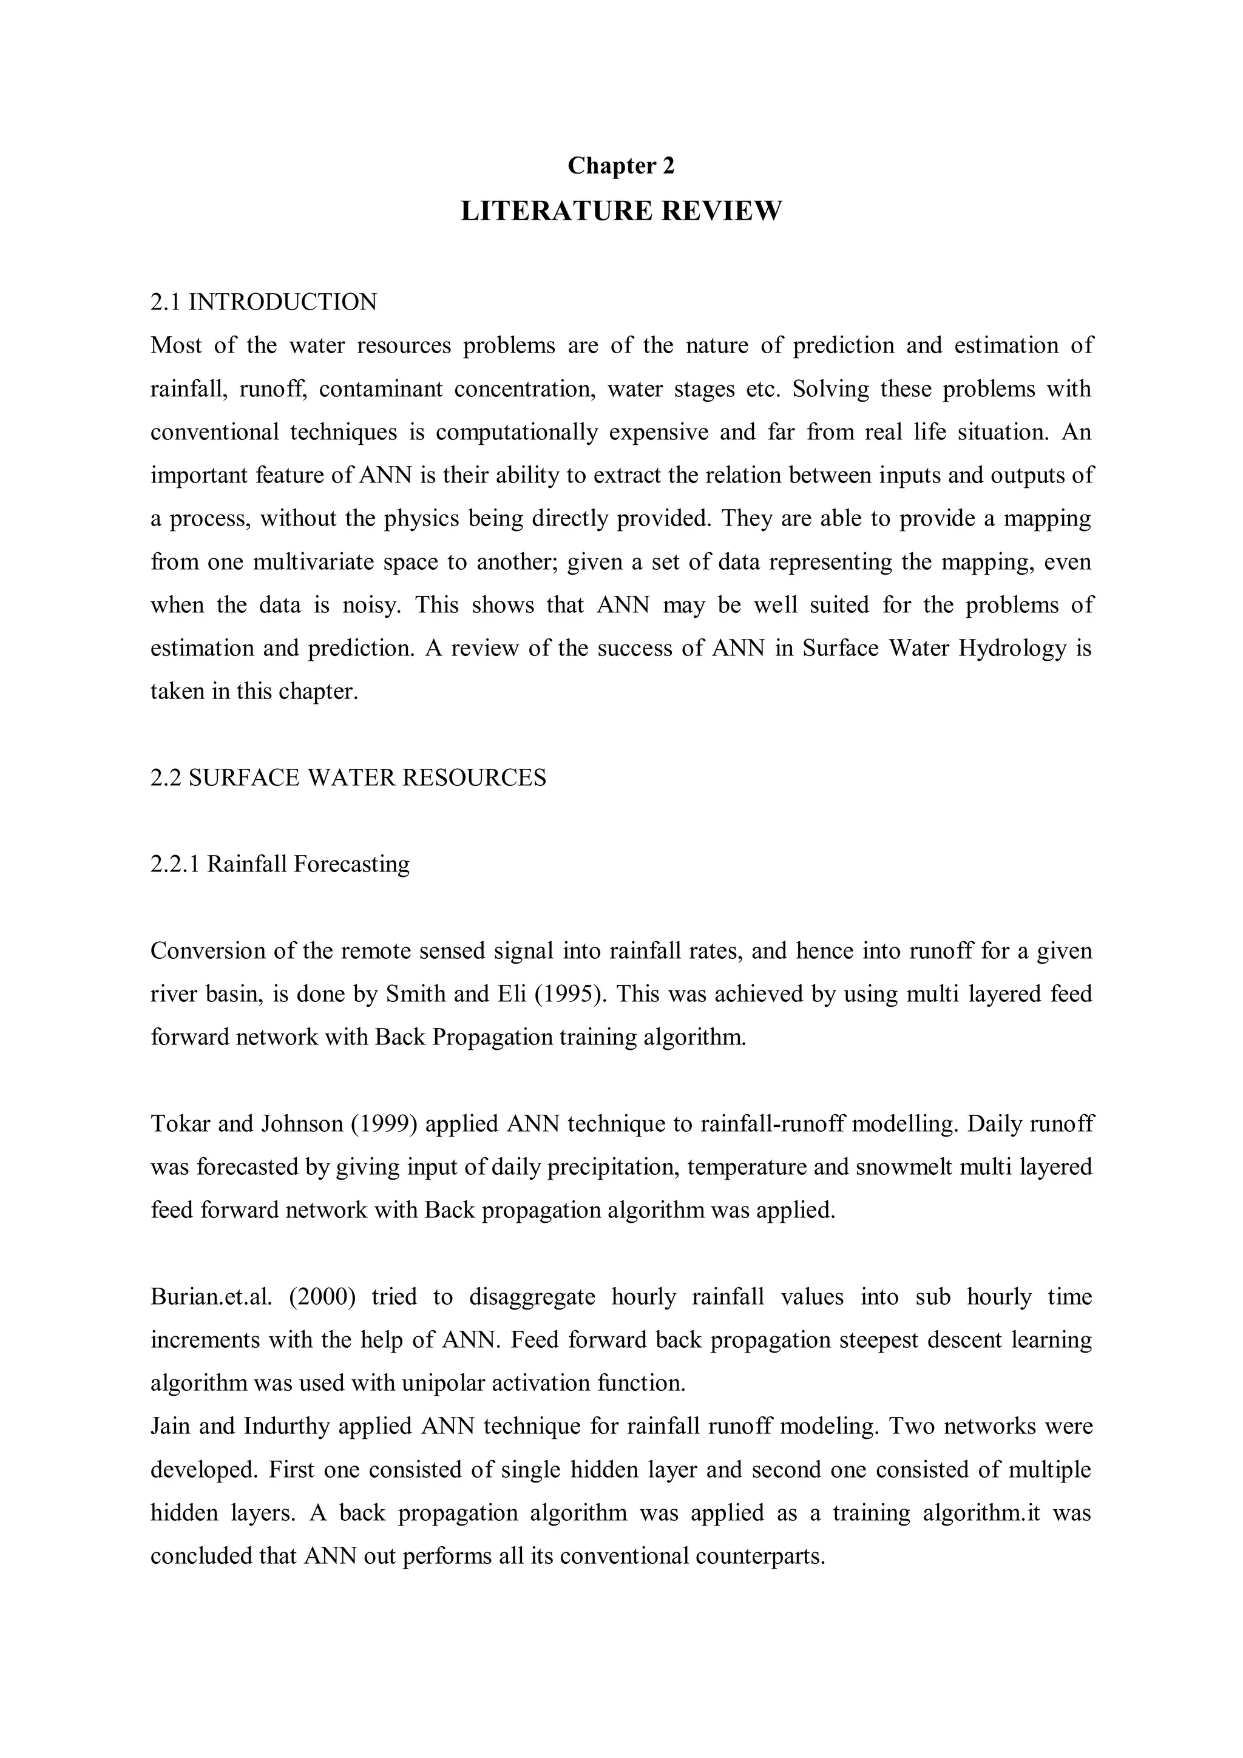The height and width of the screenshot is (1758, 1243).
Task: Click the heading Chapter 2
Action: pos(621,166)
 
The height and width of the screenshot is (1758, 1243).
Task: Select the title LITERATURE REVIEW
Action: pos(621,211)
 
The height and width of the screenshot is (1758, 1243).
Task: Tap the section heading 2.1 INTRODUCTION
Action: pos(263,302)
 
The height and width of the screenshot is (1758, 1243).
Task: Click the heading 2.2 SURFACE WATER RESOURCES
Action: pos(348,778)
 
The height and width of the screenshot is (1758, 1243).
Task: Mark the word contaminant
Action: pos(381,389)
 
